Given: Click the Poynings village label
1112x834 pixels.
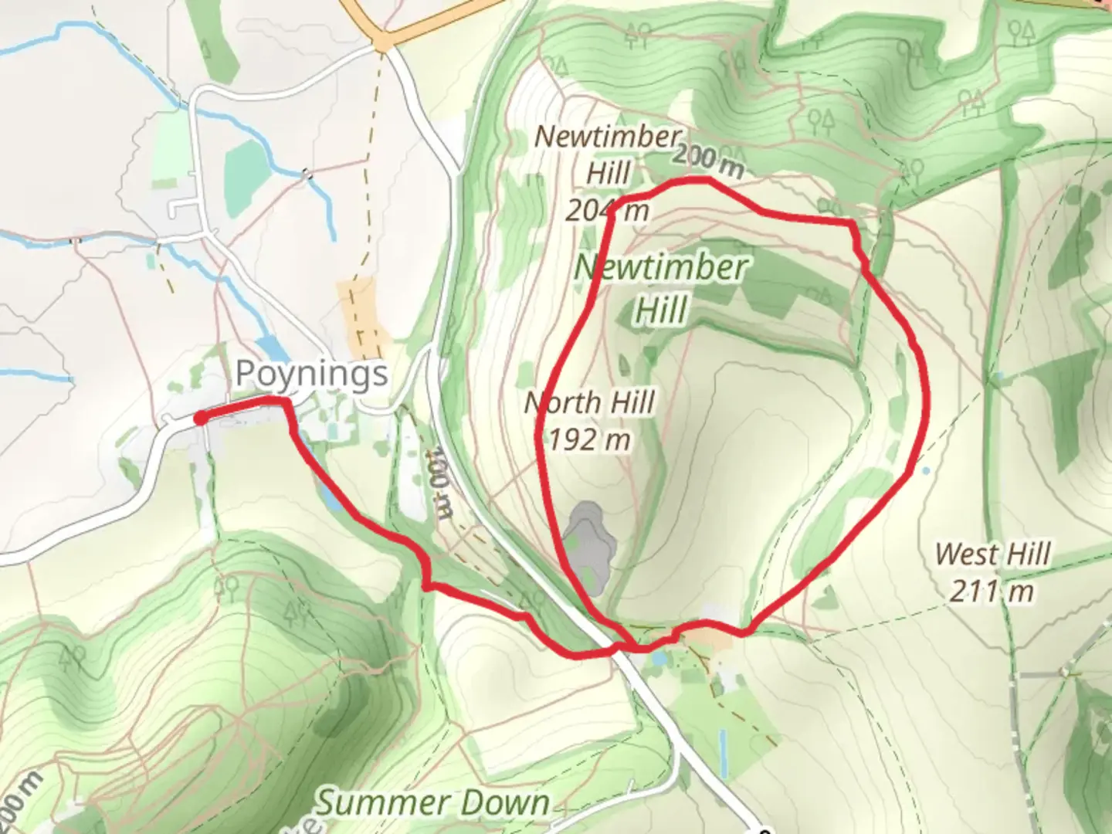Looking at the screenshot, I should click(x=311, y=375).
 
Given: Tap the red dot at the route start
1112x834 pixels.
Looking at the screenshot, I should click(x=199, y=419).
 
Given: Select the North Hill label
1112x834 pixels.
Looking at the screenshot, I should click(x=589, y=402).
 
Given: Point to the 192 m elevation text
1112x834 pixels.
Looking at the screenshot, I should click(x=589, y=439).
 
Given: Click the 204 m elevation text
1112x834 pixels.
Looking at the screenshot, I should click(x=607, y=209).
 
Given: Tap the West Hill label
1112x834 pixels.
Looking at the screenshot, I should click(x=992, y=554).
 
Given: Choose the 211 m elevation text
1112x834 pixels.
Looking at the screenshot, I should click(x=992, y=592).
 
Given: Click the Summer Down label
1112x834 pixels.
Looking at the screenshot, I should click(x=434, y=803).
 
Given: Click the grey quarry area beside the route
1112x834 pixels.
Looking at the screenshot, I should click(x=590, y=545).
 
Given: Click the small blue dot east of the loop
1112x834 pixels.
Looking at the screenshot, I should click(x=925, y=470).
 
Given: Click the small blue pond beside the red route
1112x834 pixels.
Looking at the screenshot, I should click(x=327, y=494).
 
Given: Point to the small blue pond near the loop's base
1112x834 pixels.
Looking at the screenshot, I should click(x=659, y=658).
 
